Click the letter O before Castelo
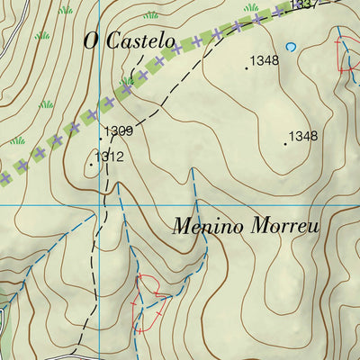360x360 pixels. [89, 40]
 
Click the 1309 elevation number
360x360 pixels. [119, 131]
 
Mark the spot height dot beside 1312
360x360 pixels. [92, 164]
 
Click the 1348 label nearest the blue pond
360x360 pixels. [265, 61]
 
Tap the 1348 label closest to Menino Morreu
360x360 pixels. [303, 137]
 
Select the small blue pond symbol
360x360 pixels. [290, 46]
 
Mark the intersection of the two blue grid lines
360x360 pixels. [100, 205]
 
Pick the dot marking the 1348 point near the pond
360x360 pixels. [247, 67]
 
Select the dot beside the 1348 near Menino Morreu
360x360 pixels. [284, 143]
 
